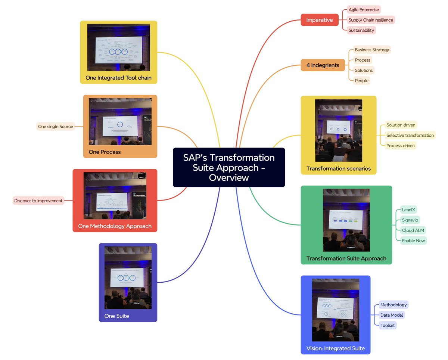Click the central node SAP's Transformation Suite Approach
pos(228,167)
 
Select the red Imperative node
pos(319,20)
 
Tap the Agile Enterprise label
pos(364,10)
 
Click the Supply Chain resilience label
pos(370,20)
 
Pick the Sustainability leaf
pos(361,30)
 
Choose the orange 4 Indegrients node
pos(323,65)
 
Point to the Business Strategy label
pos(371,50)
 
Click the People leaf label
pos(361,81)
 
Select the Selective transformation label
pos(410,135)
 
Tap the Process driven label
pos(400,146)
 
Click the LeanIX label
pos(408,210)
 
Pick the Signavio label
pos(410,220)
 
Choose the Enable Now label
pos(413,240)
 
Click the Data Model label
pos(391,315)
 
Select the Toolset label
pos(388,325)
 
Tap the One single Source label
pos(55,127)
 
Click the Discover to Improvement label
pos(38,201)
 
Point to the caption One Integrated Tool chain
pos(118,78)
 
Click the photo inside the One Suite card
pos(128,277)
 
